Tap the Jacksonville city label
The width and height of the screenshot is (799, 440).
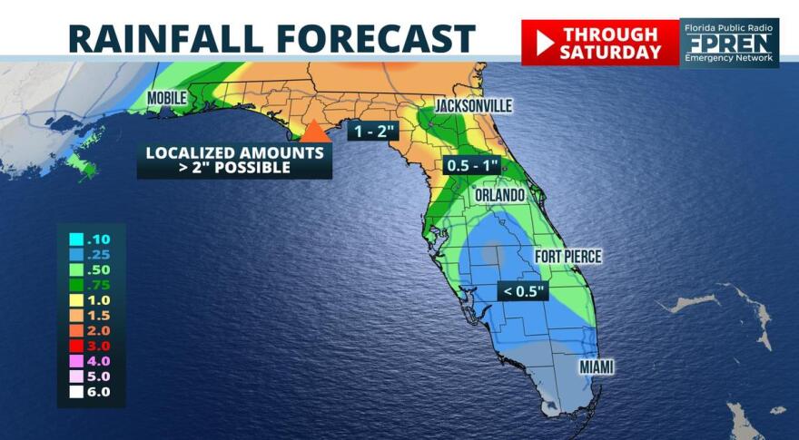coord(473,106)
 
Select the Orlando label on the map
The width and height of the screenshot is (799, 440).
coord(499,195)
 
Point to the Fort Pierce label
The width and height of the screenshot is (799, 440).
coord(567,257)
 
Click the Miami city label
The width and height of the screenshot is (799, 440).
coord(597,367)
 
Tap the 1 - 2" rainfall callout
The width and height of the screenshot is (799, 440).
coord(372,131)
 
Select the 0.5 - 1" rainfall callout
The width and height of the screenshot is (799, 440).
coord(473,167)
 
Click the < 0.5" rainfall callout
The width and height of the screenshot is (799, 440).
coord(525,291)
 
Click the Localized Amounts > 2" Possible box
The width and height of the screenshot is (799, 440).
coord(234,161)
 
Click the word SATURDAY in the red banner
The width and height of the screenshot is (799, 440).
coord(610,52)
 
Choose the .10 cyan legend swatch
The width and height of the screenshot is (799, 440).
coord(76,240)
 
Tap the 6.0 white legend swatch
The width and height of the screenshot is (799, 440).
coord(76,392)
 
